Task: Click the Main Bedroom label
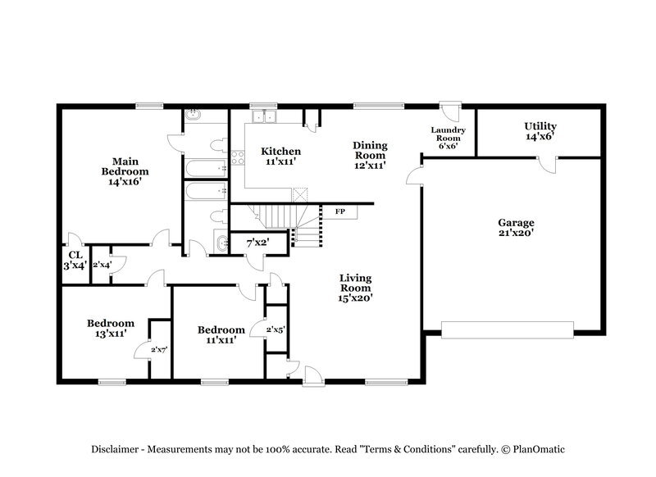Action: tap(125, 166)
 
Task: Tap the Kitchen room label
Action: tap(280, 152)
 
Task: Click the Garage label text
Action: tap(516, 223)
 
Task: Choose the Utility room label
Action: tap(540, 126)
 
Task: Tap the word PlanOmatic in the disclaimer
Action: tap(538, 450)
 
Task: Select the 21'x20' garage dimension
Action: tap(516, 234)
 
